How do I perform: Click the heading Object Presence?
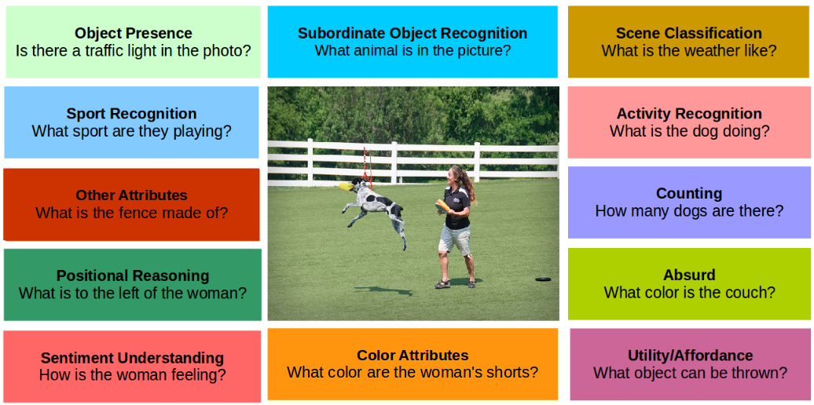(x=133, y=33)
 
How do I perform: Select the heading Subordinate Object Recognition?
(x=412, y=33)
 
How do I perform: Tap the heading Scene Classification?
(x=688, y=33)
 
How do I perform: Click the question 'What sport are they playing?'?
(x=132, y=131)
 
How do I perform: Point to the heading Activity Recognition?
(x=689, y=113)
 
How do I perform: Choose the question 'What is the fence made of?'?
(x=132, y=213)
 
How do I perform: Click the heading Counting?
(x=689, y=193)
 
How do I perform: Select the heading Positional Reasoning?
(x=133, y=275)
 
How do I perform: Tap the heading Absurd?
(x=689, y=275)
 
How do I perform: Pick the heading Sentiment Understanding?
(x=132, y=358)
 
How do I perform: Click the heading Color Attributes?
(x=412, y=356)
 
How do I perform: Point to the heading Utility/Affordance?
(x=690, y=356)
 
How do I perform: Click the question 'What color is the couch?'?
(x=689, y=293)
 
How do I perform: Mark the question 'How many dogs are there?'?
(x=689, y=211)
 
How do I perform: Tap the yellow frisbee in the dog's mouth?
(x=346, y=187)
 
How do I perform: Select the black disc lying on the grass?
(x=542, y=279)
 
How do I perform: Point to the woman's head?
(x=455, y=173)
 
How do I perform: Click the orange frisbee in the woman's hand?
(x=442, y=206)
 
